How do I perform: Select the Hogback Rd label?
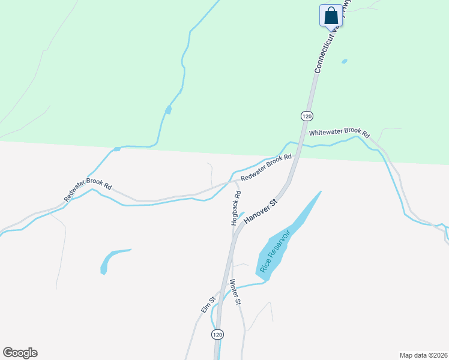(237, 208)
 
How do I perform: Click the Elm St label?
(208, 306)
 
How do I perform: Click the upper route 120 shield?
(307, 115)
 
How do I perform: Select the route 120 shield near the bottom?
(217, 334)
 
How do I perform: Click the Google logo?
(20, 353)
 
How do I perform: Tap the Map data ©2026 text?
(423, 355)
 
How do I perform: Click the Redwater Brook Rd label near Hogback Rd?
(266, 169)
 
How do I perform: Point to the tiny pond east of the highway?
(344, 61)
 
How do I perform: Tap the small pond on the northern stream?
(168, 109)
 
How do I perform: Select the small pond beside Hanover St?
(241, 215)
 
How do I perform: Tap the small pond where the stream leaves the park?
(117, 148)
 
